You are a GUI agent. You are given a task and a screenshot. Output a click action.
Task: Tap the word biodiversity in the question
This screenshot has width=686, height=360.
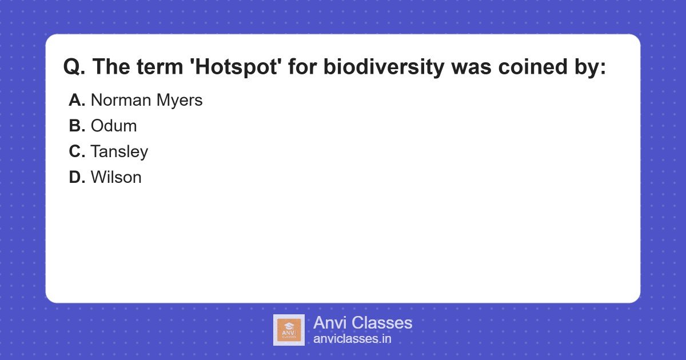pos(383,67)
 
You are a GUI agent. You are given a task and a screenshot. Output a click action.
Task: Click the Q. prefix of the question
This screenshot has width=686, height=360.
pos(74,67)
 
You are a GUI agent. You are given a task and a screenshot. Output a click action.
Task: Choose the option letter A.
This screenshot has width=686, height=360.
pos(77,101)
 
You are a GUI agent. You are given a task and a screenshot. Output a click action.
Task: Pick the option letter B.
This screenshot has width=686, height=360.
pos(77,126)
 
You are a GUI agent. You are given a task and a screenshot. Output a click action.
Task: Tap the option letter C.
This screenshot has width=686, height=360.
pos(77,152)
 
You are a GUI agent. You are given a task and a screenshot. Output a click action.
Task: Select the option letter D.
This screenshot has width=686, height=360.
pos(77,178)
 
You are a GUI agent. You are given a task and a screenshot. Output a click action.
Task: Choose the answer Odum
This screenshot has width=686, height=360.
pos(114,126)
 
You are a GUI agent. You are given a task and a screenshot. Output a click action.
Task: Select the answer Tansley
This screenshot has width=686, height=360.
pos(119,152)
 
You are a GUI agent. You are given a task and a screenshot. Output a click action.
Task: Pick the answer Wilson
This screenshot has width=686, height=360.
pos(116,178)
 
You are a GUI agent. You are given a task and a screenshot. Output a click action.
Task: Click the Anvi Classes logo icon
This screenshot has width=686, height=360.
pos(289,330)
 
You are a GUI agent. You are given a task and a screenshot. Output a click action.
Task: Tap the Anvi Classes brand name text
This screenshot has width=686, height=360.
pos(362,323)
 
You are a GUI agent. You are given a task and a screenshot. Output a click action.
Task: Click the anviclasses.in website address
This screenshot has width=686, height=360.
pos(352,339)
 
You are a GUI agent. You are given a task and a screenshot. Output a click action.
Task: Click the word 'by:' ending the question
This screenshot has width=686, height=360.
pos(588,67)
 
